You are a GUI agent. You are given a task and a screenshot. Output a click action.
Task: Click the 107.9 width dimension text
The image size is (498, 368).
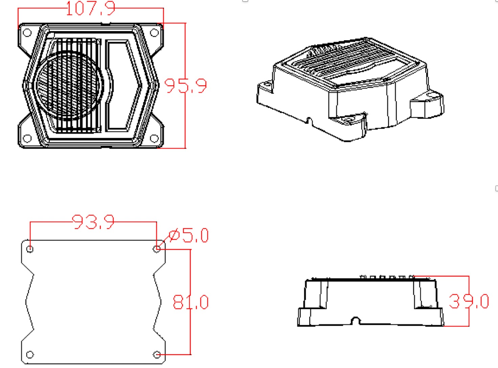point(91,8)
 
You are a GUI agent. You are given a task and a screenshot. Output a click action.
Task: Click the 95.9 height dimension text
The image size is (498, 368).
point(185,86)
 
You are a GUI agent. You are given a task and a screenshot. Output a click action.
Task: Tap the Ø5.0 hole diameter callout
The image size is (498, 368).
point(189,235)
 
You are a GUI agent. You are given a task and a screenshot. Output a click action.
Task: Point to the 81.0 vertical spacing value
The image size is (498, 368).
point(190,302)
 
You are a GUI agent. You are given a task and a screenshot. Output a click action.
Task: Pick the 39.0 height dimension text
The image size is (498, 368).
point(469,301)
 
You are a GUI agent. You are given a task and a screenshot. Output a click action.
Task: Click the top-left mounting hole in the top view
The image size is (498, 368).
point(27,32)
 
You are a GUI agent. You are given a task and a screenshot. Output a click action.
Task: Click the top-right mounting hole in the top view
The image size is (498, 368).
point(154,32)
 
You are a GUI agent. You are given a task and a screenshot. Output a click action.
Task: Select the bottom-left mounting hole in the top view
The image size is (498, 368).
point(27,139)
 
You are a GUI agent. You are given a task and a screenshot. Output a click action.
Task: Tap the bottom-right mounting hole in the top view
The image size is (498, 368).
point(154,139)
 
